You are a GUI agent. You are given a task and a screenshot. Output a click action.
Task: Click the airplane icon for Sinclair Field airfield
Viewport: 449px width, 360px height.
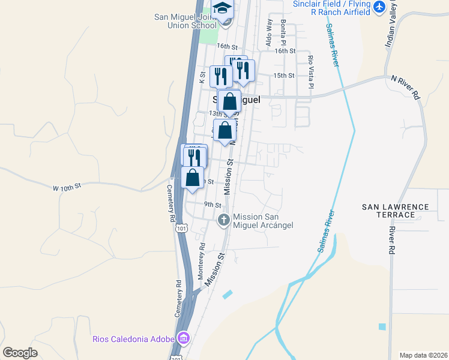coord(379,7)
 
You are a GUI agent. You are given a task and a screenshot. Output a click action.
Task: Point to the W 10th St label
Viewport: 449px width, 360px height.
coord(66,188)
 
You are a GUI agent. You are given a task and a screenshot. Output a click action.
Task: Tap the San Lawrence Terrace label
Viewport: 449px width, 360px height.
coord(396,211)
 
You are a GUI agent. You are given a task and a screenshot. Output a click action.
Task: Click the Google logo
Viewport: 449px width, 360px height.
coord(20,353)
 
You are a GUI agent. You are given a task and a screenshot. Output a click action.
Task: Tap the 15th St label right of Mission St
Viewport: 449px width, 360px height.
coord(284,76)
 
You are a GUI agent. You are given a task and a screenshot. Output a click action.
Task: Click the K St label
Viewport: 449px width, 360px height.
coord(202,76)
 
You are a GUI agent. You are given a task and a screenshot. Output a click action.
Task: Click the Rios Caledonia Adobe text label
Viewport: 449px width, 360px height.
coord(133,339)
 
